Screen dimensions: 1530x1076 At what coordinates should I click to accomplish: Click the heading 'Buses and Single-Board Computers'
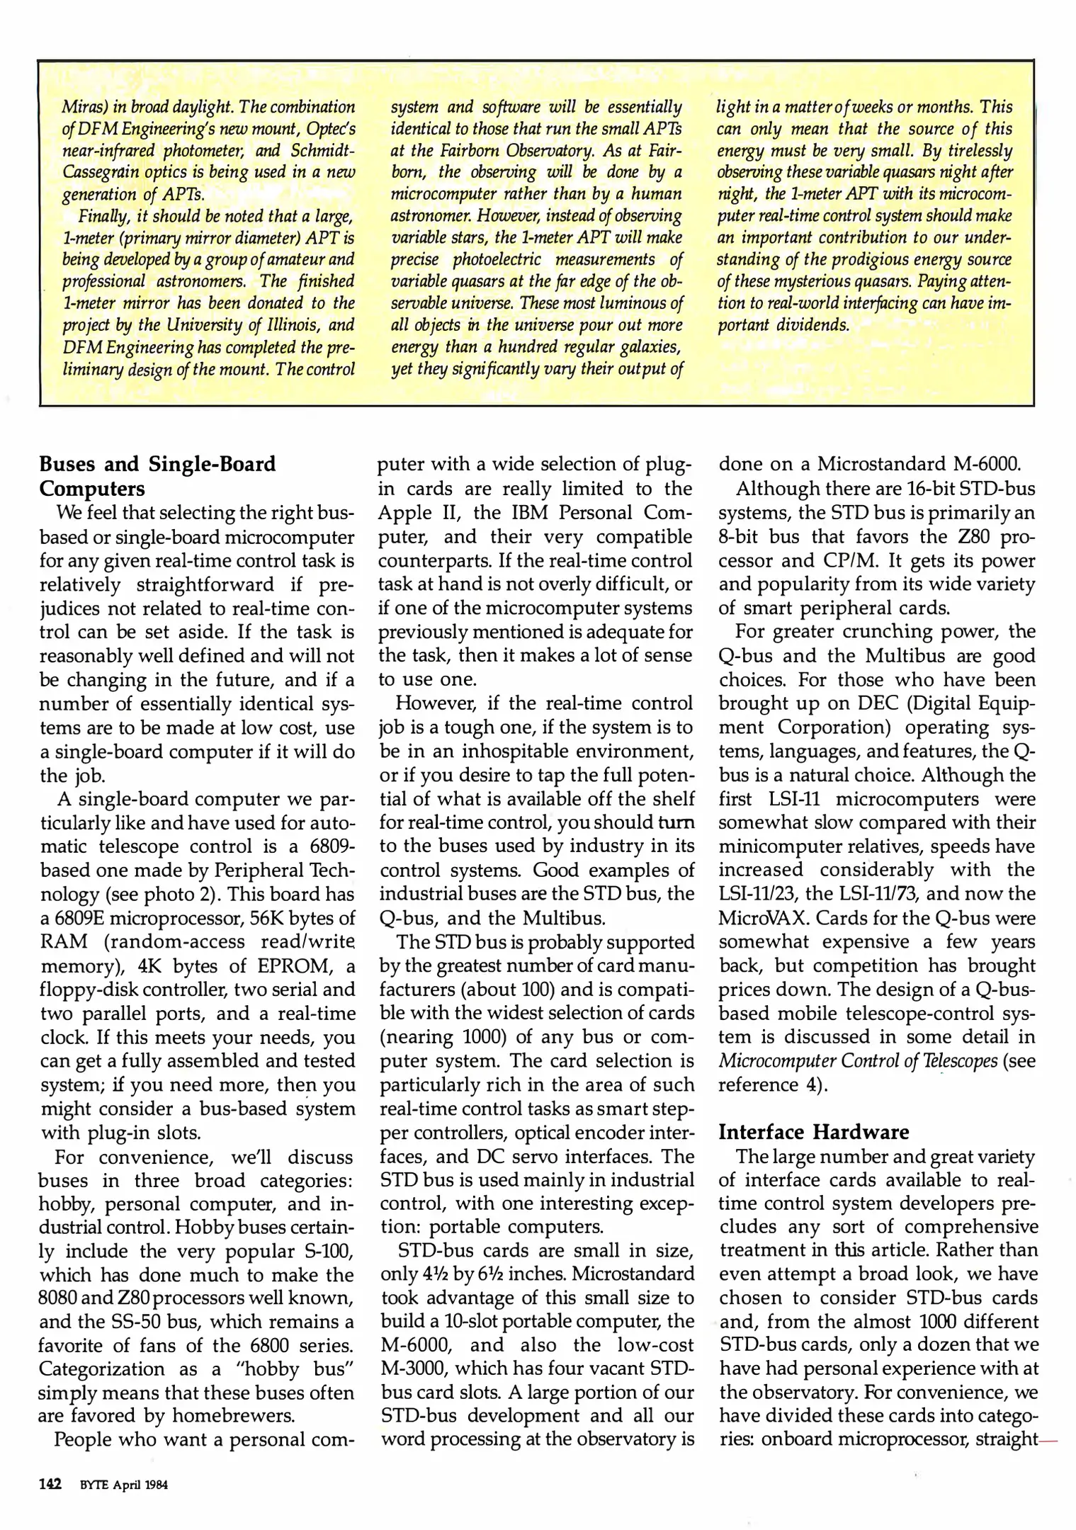pos(157,476)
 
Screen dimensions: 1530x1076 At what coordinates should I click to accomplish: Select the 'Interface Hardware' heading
pos(813,1131)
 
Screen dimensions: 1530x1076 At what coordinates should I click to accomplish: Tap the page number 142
pos(51,1484)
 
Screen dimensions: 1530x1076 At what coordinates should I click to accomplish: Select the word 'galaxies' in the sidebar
pos(648,347)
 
